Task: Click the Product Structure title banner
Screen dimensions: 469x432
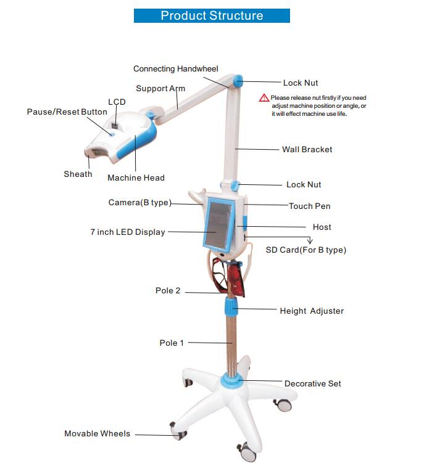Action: coord(212,15)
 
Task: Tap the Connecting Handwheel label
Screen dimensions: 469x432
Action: coord(176,69)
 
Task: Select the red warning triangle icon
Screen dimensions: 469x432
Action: coord(264,98)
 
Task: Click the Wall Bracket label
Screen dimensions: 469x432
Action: coord(307,149)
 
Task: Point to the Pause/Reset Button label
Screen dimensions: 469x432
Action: coord(67,112)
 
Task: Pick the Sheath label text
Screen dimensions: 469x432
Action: coord(78,174)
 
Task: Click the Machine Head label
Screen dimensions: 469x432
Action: coord(136,178)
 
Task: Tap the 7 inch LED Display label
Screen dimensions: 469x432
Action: coord(128,232)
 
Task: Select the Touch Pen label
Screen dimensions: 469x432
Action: coord(309,206)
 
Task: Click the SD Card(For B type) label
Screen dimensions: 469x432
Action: coord(305,250)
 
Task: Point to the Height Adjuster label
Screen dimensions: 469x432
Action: coord(312,311)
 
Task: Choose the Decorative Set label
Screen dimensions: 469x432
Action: coord(312,384)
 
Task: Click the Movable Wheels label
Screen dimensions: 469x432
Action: coord(97,434)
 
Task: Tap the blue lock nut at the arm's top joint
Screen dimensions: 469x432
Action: coord(238,81)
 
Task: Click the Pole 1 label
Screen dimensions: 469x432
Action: coord(172,343)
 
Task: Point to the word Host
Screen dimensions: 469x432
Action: coord(322,227)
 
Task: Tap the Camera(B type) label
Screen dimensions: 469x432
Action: coord(139,203)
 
